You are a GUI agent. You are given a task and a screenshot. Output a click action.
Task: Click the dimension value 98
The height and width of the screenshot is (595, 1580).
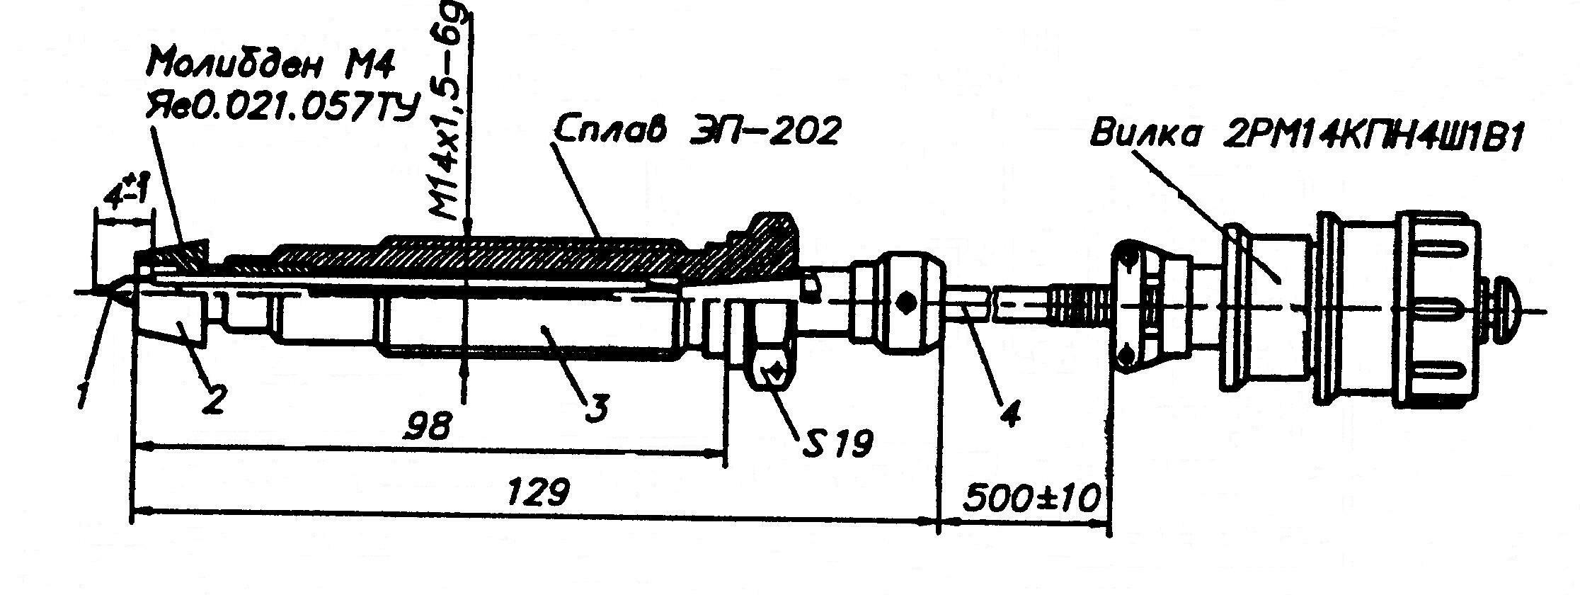tap(431, 426)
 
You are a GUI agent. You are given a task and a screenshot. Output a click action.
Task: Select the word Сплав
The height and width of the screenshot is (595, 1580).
tap(609, 132)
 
